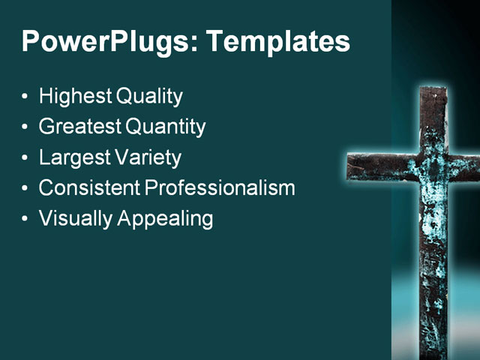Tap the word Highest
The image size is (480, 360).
tap(76, 97)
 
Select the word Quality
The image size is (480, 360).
tap(150, 97)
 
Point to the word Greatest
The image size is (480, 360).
tap(80, 127)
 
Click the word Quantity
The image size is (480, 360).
tap(166, 127)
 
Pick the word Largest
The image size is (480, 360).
tap(74, 157)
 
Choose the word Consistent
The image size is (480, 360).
tap(89, 187)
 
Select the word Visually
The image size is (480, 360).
tap(73, 218)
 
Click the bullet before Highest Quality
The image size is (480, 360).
tap(26, 97)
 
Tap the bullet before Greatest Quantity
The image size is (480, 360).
tap(26, 127)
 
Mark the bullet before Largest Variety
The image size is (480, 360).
tap(26, 158)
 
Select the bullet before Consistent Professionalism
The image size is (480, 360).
tap(26, 188)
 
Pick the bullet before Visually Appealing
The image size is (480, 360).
tap(26, 219)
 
